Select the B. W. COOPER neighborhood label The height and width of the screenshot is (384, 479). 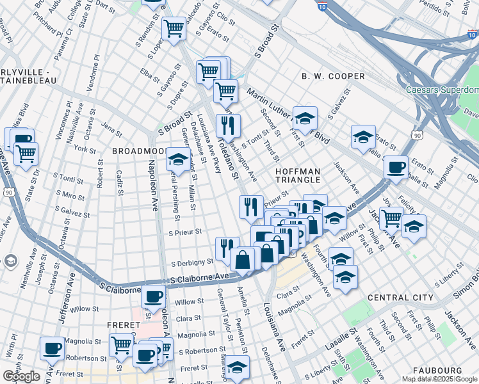click(x=333, y=76)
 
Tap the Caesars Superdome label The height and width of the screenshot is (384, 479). click(x=442, y=90)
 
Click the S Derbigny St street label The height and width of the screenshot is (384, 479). click(x=191, y=262)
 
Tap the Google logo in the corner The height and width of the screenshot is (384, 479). click(x=21, y=376)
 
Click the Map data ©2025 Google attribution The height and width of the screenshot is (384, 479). click(x=439, y=380)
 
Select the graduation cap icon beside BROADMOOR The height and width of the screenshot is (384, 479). click(x=177, y=159)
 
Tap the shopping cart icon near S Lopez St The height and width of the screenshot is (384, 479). click(x=174, y=28)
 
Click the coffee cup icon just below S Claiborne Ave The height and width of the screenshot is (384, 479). click(x=153, y=296)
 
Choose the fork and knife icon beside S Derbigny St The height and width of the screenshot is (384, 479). click(x=227, y=248)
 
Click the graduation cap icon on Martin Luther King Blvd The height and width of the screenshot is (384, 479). click(x=305, y=118)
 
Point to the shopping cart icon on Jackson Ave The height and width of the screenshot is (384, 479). click(x=390, y=218)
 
